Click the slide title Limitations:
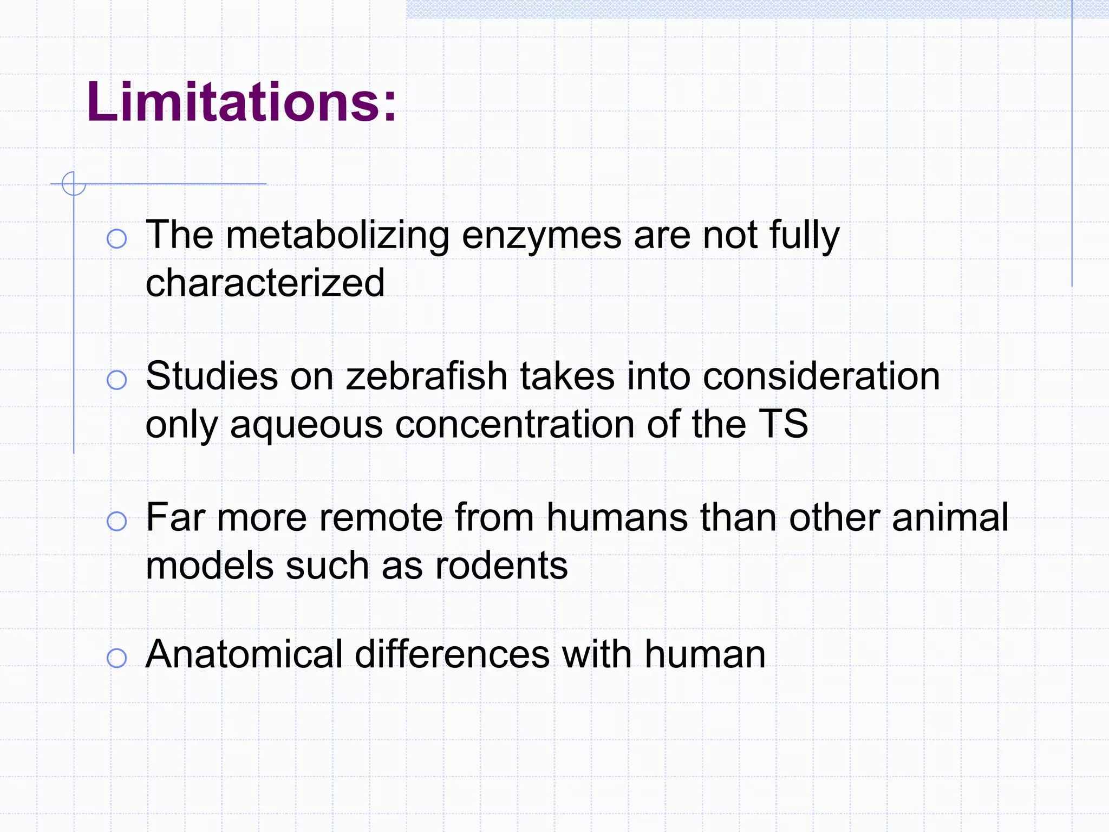242,102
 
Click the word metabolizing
337,236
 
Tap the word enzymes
542,237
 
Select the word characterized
265,283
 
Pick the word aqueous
306,425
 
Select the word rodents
501,565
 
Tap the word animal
950,517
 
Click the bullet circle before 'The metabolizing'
117,238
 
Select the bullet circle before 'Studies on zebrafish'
117,380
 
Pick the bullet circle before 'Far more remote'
117,521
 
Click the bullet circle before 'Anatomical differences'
117,658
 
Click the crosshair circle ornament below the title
74,184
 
